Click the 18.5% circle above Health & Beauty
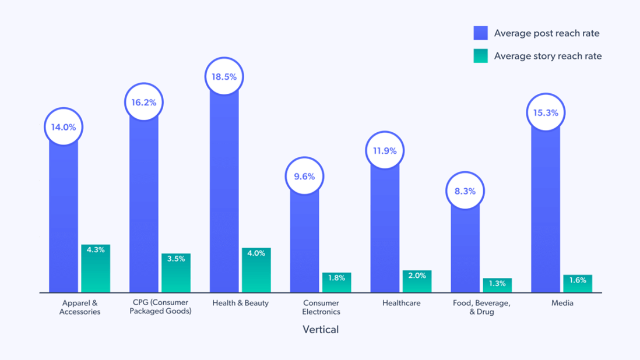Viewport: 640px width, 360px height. [224, 77]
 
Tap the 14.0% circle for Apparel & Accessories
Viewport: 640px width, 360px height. [64, 127]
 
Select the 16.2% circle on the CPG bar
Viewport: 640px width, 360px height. [144, 103]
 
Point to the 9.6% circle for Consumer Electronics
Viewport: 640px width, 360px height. [304, 177]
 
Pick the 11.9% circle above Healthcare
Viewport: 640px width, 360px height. [385, 151]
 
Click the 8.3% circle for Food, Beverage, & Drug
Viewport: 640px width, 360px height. [465, 191]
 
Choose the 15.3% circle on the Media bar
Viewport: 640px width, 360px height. [546, 113]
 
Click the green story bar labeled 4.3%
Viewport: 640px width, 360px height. [96, 269]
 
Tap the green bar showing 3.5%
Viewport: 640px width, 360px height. [176, 273]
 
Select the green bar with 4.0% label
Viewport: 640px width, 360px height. [256, 271]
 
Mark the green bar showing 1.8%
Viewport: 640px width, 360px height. [337, 283]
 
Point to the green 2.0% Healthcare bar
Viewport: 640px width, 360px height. [417, 282]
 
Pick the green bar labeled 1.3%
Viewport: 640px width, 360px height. [497, 285]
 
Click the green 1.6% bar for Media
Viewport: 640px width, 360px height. [578, 284]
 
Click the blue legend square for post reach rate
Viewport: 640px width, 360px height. [480, 33]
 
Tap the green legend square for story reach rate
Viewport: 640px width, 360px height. [480, 56]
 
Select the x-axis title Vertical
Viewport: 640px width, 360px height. [321, 330]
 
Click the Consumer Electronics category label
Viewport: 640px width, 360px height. [321, 307]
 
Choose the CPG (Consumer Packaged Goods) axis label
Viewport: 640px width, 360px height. [160, 307]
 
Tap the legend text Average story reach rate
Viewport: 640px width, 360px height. [548, 56]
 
